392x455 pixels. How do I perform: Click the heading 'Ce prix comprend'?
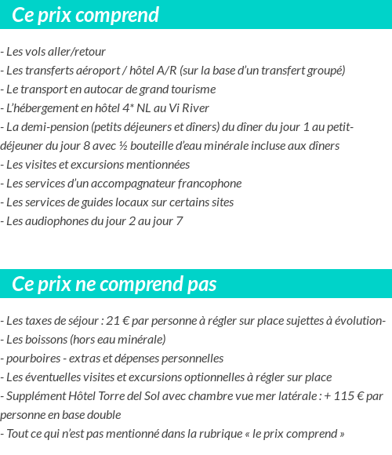click(x=85, y=15)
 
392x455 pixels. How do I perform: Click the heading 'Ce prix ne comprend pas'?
click(x=114, y=284)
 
